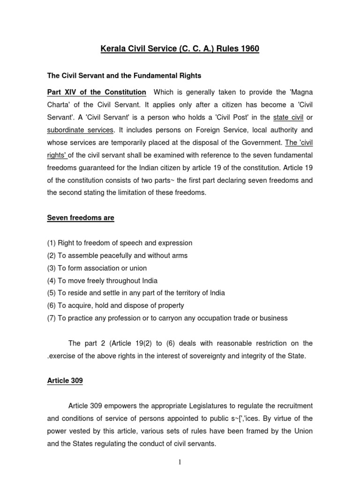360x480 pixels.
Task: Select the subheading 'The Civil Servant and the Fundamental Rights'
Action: coord(124,75)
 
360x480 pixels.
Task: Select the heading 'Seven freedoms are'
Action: coord(80,218)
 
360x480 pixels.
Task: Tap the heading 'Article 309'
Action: coord(65,381)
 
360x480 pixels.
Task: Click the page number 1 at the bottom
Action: coord(180,462)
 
